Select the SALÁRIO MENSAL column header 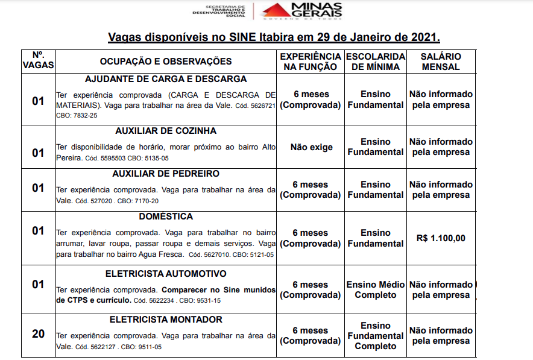(x=441, y=62)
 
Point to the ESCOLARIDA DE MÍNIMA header (x=375, y=62)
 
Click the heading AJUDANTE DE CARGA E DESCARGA (x=166, y=79)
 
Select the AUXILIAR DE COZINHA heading (x=166, y=131)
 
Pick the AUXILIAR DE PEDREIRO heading (x=166, y=174)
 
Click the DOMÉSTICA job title (x=166, y=216)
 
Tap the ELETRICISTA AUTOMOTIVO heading (x=166, y=273)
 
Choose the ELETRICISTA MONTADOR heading (x=166, y=319)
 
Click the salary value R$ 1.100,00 (x=441, y=238)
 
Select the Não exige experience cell (x=311, y=147)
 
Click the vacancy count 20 (x=38, y=333)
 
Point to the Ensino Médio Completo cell (x=375, y=289)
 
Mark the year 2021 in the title (x=421, y=37)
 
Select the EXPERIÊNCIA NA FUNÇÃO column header (x=311, y=62)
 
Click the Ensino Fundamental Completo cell (x=375, y=336)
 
